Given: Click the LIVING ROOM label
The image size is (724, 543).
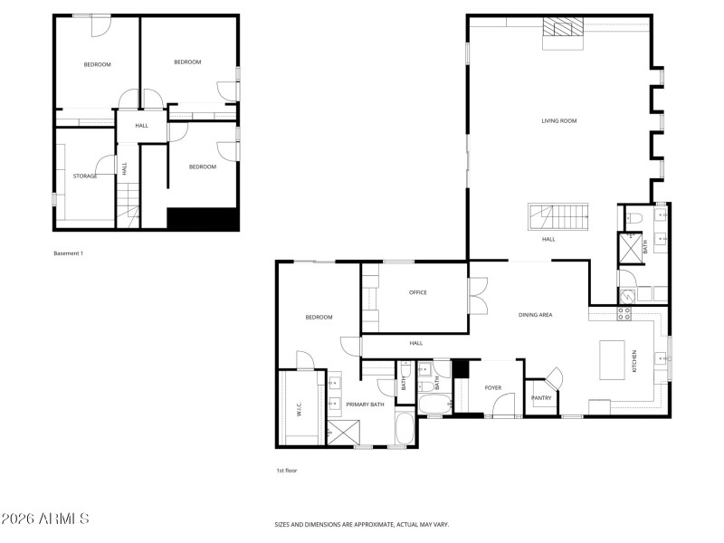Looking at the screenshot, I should [x=558, y=120].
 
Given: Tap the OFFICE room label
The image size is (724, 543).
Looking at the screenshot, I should [x=417, y=292].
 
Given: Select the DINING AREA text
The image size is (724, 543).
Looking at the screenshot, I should [x=535, y=315].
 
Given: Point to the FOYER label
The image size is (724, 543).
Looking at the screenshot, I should [x=492, y=387].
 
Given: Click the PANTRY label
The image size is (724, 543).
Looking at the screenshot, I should [x=541, y=397].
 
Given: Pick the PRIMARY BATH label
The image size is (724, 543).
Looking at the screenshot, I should [x=365, y=405].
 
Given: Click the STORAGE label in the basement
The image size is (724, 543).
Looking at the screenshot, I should [x=85, y=176].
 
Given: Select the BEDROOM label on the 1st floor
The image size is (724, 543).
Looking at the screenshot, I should [x=319, y=317].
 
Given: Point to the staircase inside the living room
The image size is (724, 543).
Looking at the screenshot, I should [x=558, y=218].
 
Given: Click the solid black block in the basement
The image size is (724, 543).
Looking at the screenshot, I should [x=203, y=219].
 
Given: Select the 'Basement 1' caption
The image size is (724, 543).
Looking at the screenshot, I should [x=68, y=253].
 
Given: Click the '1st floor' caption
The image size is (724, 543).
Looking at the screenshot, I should [x=287, y=471].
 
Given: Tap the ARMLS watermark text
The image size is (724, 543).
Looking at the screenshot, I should [x=45, y=519].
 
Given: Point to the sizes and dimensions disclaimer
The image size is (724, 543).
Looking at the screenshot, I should [x=362, y=524].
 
